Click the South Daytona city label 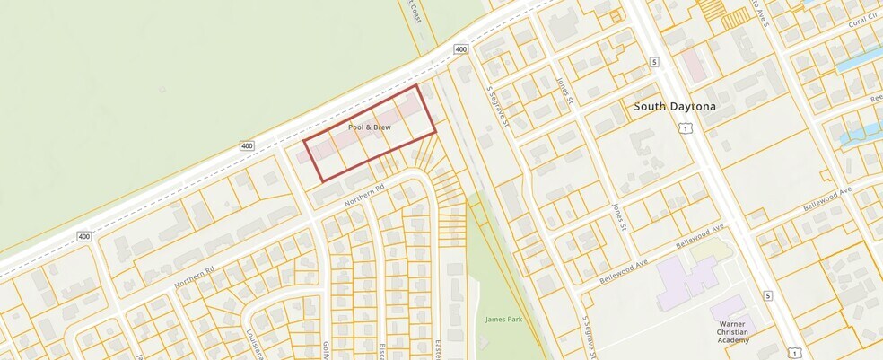(676, 106)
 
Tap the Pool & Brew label (369, 128)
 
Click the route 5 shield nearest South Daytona (655, 61)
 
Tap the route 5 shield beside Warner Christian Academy (768, 295)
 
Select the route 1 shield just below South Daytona (686, 129)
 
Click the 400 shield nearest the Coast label (461, 49)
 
